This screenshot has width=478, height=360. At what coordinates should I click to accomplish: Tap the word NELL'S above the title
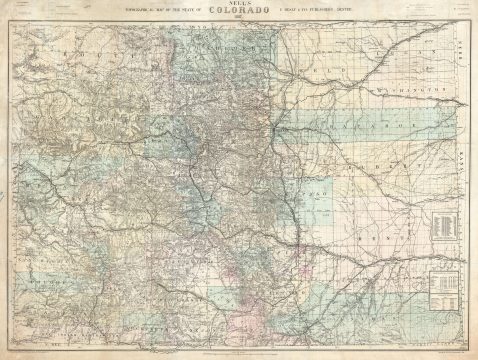(x=238, y=5)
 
